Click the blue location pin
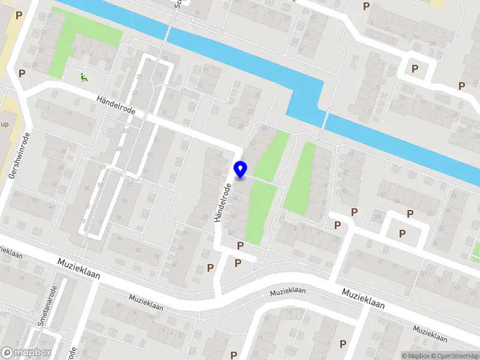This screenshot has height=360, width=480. [x=241, y=170]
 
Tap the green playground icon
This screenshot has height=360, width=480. [x=83, y=77]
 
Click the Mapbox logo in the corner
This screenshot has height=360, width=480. [x=26, y=353]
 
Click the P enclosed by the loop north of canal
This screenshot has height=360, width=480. [x=415, y=68]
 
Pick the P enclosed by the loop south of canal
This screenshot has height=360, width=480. [x=402, y=233]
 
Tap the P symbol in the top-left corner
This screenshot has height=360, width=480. [x=19, y=15]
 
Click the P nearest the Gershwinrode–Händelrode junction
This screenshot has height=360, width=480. [x=22, y=73]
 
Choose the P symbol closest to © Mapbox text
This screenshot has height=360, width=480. [x=343, y=344]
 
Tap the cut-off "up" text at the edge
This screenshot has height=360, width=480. [x=5, y=124]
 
